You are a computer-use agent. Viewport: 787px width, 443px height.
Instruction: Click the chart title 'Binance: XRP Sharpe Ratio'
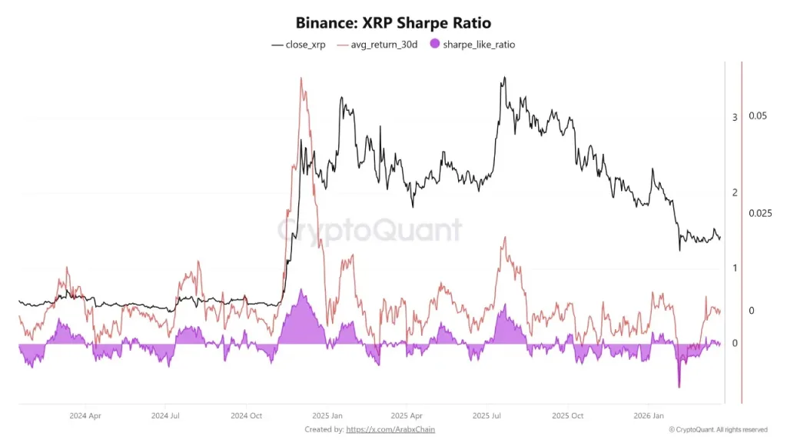pos(393,23)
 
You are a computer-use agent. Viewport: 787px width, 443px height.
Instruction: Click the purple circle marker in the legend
pos(434,45)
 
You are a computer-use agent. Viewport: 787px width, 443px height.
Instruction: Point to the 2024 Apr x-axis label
pos(85,415)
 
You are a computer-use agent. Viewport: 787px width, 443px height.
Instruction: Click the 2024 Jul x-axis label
pos(165,415)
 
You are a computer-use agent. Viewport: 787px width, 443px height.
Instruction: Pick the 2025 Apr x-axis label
pos(406,415)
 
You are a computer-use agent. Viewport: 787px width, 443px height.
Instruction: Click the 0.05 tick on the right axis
pos(758,116)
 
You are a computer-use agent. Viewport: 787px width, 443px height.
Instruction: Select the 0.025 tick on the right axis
pos(760,213)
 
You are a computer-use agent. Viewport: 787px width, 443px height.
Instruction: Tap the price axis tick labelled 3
pos(735,117)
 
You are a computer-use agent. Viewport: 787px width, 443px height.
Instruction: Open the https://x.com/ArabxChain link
pos(396,429)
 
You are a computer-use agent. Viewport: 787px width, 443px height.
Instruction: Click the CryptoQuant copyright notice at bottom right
pos(718,429)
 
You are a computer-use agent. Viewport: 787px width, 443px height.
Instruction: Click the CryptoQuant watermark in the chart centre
pos(369,230)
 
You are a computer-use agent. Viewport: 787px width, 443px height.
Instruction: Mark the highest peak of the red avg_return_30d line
pos(301,78)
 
